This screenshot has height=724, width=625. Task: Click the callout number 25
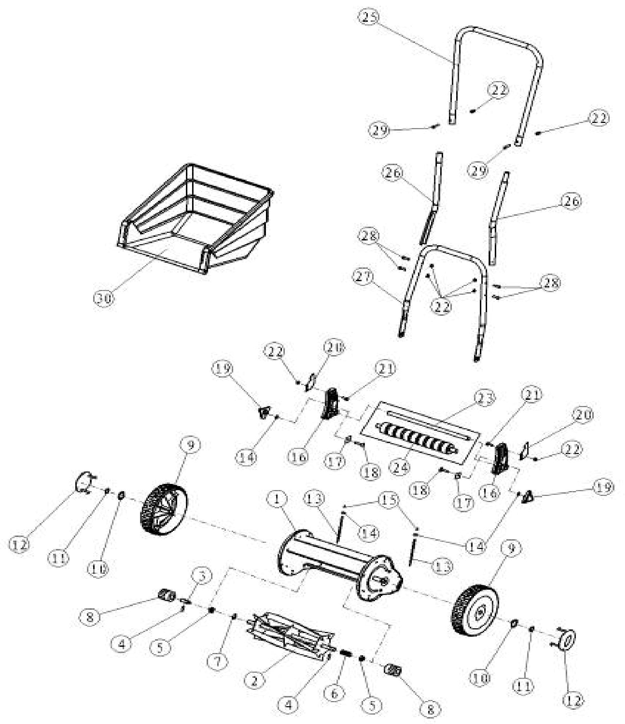(368, 17)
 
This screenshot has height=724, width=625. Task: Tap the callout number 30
(104, 298)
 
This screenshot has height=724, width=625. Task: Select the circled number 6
(334, 693)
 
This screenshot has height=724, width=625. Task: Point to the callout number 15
(388, 500)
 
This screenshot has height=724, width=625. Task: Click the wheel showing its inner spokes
(164, 509)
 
